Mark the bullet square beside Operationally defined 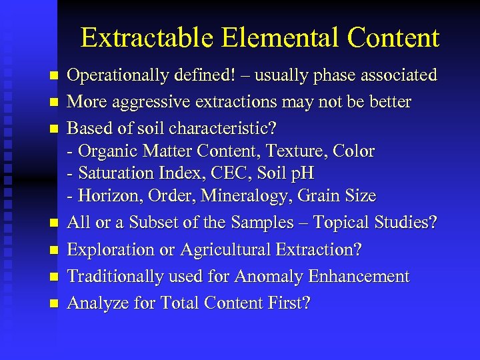coord(54,76)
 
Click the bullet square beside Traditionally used coord(54,277)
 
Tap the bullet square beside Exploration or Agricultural coord(54,250)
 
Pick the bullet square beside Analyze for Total coord(54,303)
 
